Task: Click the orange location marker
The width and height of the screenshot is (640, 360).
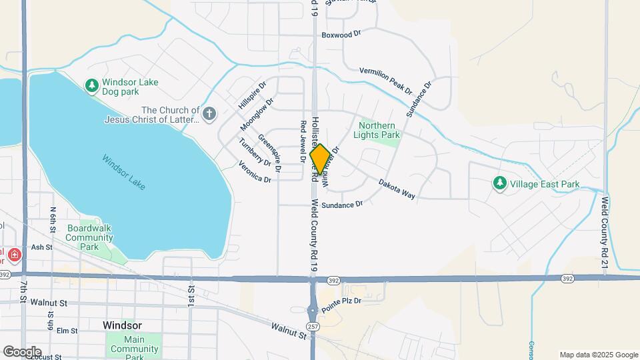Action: [320, 160]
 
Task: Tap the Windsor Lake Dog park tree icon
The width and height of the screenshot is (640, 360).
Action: [92, 85]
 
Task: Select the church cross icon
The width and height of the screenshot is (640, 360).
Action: [209, 114]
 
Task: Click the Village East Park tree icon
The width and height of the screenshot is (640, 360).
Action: [499, 183]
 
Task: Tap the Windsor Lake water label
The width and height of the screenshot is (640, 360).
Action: [123, 172]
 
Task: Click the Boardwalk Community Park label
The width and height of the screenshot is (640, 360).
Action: [89, 237]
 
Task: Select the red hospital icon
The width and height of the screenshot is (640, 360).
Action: [15, 255]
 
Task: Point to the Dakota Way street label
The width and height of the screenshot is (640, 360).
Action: [397, 189]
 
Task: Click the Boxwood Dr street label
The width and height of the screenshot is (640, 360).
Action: [341, 33]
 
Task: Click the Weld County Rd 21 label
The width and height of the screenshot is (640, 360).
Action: [605, 227]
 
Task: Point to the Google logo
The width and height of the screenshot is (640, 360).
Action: [22, 351]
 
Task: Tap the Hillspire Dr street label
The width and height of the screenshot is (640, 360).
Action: [252, 96]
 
